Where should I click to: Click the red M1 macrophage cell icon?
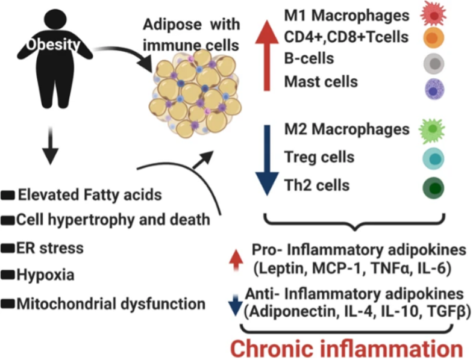pos(434,15)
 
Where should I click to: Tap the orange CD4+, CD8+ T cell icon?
pos(434,37)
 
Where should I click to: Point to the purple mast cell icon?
pos(434,89)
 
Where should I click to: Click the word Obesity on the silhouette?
pos(52,43)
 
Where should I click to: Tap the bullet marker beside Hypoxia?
pos(8,276)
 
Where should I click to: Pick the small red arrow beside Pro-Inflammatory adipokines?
pos(237,257)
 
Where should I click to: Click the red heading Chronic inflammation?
pos(346,347)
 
